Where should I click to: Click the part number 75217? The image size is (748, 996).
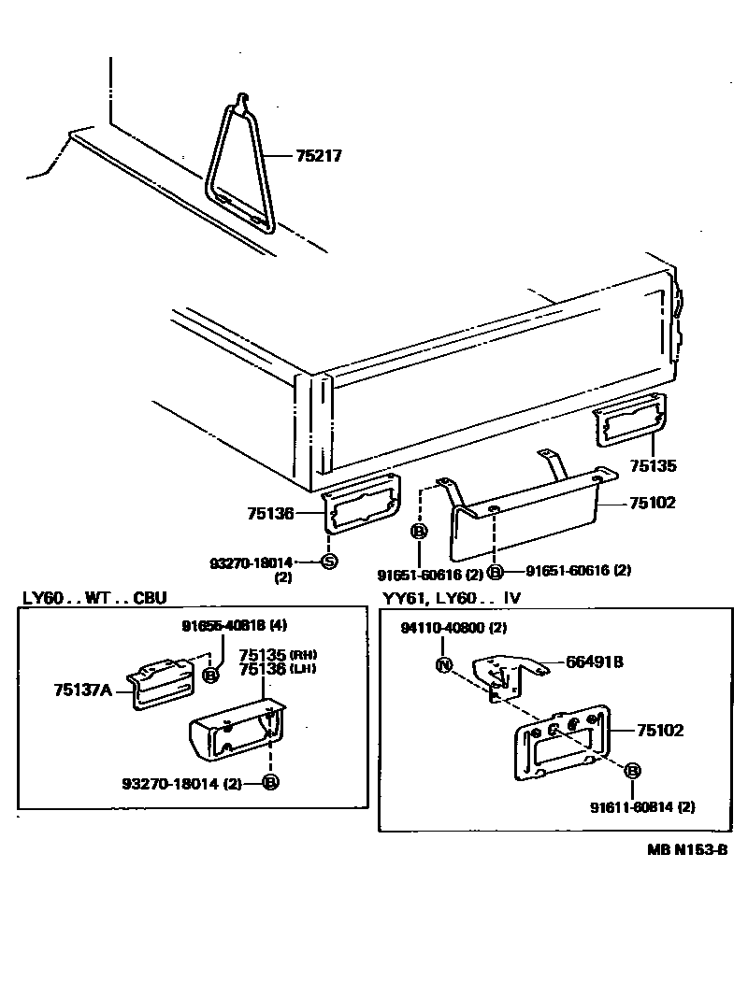click(319, 156)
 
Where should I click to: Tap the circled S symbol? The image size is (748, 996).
click(328, 562)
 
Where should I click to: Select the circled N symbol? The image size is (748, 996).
click(444, 665)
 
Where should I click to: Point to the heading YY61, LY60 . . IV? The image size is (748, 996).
click(450, 597)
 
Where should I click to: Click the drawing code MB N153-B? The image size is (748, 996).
click(686, 849)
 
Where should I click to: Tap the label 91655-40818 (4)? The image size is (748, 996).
click(221, 625)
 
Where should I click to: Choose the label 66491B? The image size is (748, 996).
click(594, 662)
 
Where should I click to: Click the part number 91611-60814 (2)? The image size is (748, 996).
click(642, 806)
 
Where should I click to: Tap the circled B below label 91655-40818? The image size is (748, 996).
click(211, 674)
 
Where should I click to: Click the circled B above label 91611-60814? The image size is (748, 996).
click(633, 771)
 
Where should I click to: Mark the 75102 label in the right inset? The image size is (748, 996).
click(660, 730)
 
